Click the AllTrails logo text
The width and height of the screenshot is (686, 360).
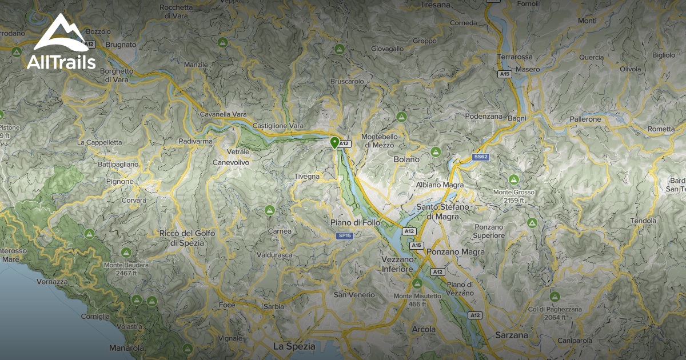[x=61, y=62]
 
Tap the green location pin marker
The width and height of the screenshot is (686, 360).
[x=335, y=142]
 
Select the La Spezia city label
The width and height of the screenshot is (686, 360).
[x=294, y=346]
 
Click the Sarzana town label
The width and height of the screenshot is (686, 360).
[x=512, y=335]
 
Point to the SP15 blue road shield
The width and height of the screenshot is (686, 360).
[x=344, y=235]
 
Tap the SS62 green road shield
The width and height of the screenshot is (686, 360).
[x=481, y=157]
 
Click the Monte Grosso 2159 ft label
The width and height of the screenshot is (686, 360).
[x=514, y=197]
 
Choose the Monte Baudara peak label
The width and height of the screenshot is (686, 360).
[x=126, y=269]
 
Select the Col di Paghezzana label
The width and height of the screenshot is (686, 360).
[x=555, y=313]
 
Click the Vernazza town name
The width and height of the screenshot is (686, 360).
[x=52, y=282]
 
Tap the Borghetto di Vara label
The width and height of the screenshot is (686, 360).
[x=116, y=75]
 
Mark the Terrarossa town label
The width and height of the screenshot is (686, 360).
[x=514, y=57]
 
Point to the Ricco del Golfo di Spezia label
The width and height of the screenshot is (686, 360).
[x=190, y=238]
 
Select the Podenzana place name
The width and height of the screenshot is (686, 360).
[x=484, y=117]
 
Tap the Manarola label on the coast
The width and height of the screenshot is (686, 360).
[x=126, y=348]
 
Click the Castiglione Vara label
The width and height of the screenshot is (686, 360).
[x=278, y=125]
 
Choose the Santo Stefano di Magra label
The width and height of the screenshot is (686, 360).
[x=442, y=211]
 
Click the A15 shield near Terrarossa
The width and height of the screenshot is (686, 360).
[x=504, y=74]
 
